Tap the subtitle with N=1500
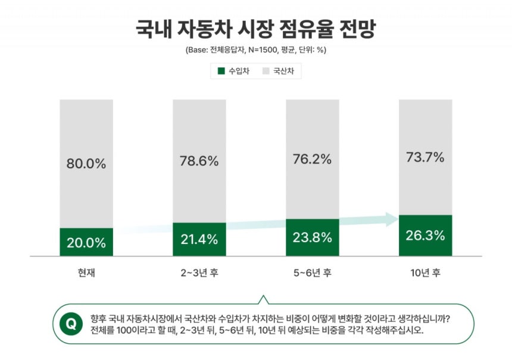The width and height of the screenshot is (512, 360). pyautogui.click(x=256, y=50)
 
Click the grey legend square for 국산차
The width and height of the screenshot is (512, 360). pyautogui.click(x=266, y=71)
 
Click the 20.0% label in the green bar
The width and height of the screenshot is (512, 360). pyautogui.click(x=86, y=243)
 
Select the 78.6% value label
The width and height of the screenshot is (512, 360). pyautogui.click(x=199, y=161)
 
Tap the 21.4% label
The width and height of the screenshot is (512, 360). pyautogui.click(x=199, y=240)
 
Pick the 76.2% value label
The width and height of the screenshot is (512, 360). pyautogui.click(x=313, y=159)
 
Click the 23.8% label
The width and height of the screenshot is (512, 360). pyautogui.click(x=313, y=237)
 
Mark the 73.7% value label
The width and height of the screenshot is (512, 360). pyautogui.click(x=426, y=157)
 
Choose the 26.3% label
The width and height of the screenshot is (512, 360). pyautogui.click(x=426, y=235)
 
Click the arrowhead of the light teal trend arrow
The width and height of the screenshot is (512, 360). pyautogui.click(x=391, y=219)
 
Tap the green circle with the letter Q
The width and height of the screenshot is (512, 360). pyautogui.click(x=71, y=324)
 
